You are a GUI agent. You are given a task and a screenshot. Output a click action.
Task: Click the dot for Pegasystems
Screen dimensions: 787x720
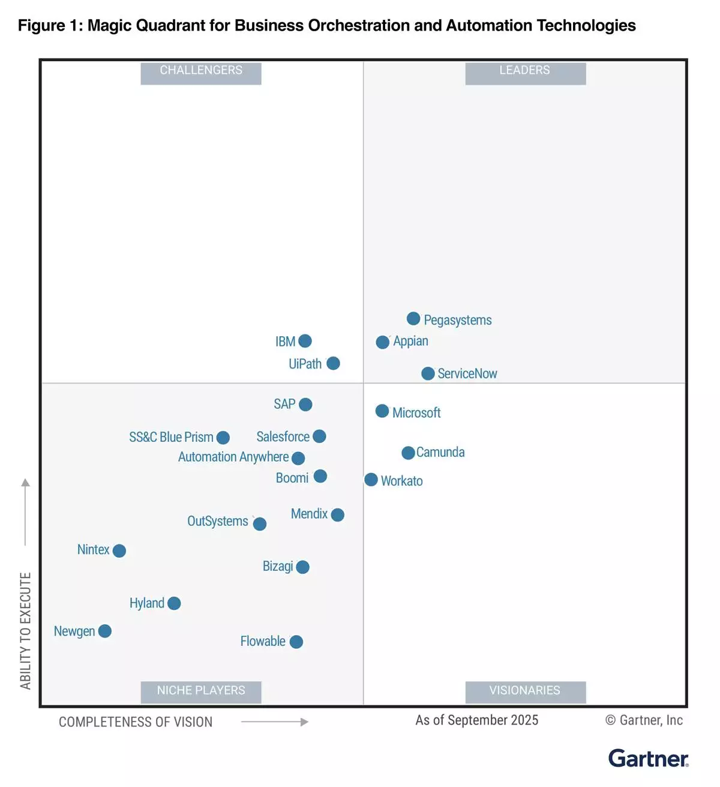coord(413,318)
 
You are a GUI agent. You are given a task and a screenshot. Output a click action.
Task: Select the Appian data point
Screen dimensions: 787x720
coord(383,342)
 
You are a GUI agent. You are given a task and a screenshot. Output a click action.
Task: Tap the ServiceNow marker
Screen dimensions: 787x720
coord(428,373)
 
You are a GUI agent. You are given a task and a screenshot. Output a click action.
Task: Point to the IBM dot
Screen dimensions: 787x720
coord(305,341)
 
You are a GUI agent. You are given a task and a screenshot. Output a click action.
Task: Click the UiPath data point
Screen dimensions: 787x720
coord(333,363)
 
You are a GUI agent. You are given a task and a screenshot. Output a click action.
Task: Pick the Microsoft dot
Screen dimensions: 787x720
coord(382,411)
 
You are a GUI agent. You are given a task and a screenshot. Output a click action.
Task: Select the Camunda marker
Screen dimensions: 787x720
coord(408,453)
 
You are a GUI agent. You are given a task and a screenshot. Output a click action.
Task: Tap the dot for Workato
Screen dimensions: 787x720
coord(371,480)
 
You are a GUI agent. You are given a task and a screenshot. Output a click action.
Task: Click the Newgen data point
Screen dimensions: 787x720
coord(105,631)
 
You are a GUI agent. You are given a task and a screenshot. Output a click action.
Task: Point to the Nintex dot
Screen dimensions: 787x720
coord(119,550)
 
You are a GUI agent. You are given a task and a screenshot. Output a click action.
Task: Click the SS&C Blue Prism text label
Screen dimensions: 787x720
coord(171,437)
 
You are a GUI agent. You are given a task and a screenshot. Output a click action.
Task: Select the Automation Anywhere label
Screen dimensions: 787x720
coord(233,457)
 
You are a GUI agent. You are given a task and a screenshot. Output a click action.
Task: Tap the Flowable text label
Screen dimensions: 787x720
coord(263,641)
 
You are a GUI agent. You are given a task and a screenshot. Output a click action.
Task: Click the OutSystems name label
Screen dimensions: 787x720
coord(218,521)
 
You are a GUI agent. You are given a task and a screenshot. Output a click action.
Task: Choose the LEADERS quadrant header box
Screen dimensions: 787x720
coord(525,71)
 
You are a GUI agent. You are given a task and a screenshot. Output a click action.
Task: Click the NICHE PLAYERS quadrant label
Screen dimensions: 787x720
coord(201,691)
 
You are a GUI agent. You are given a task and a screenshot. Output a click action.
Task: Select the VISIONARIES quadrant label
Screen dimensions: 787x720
coord(525,691)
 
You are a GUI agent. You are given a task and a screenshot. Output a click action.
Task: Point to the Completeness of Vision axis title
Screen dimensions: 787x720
coord(136,722)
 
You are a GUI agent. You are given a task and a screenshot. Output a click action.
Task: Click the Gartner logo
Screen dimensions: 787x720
coord(648,758)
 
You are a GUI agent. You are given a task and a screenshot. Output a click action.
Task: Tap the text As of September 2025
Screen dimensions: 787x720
coord(477,720)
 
